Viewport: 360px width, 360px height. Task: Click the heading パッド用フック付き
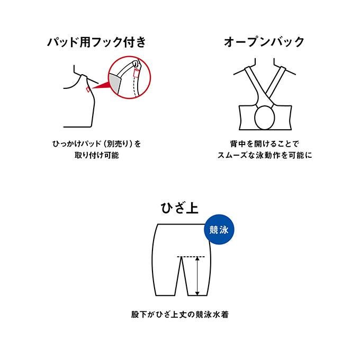[96, 42]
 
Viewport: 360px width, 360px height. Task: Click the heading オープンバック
[264, 42]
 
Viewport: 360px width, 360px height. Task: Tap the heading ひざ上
[179, 208]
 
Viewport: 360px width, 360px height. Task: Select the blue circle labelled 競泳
[219, 229]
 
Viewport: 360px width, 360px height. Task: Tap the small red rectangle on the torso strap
[88, 89]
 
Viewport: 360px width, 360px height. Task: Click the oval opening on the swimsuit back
[265, 117]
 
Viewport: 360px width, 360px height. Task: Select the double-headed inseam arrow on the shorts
[197, 276]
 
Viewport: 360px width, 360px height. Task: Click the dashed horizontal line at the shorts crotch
[191, 256]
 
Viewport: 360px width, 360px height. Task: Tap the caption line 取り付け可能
[96, 156]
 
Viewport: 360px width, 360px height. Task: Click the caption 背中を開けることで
[265, 144]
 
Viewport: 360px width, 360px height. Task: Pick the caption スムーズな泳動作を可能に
[265, 156]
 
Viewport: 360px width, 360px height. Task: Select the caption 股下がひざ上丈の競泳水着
[180, 314]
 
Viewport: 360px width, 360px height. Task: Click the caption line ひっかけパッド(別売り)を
[96, 144]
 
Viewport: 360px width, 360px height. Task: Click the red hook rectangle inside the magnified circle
[136, 73]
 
